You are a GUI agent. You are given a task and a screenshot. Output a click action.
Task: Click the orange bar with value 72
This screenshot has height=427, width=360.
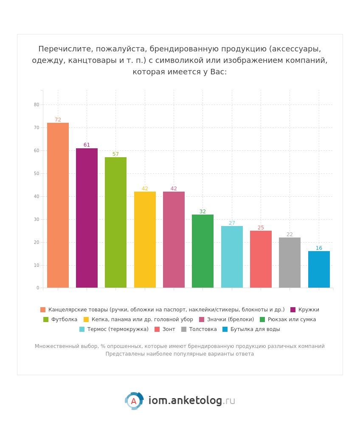(x=58, y=205)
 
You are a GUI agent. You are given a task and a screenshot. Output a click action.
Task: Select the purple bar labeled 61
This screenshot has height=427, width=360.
(x=87, y=218)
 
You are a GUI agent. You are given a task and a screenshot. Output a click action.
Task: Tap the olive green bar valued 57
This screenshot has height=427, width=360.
(x=115, y=222)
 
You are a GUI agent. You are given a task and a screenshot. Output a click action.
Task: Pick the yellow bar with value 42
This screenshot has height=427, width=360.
(x=145, y=240)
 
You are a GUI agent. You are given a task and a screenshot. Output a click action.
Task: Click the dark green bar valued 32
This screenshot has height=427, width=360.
(x=202, y=251)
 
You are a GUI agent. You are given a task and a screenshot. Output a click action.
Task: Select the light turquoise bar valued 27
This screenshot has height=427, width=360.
(x=232, y=257)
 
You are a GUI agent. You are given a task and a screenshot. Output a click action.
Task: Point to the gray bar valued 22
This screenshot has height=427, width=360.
(x=290, y=263)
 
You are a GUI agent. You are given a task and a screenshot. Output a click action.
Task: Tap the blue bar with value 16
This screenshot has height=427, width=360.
(x=319, y=269)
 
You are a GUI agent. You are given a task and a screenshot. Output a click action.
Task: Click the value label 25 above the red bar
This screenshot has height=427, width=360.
(x=261, y=228)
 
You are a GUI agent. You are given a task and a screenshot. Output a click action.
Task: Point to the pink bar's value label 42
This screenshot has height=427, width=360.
(x=174, y=189)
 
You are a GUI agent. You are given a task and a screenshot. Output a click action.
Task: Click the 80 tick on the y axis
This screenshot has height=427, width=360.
(x=37, y=105)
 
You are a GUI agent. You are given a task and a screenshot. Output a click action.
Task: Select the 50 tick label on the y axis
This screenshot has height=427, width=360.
(x=37, y=173)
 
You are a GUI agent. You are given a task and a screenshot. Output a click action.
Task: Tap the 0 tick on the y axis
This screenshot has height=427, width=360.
(x=38, y=288)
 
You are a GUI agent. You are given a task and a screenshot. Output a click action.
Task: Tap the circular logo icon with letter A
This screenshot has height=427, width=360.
(x=134, y=401)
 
